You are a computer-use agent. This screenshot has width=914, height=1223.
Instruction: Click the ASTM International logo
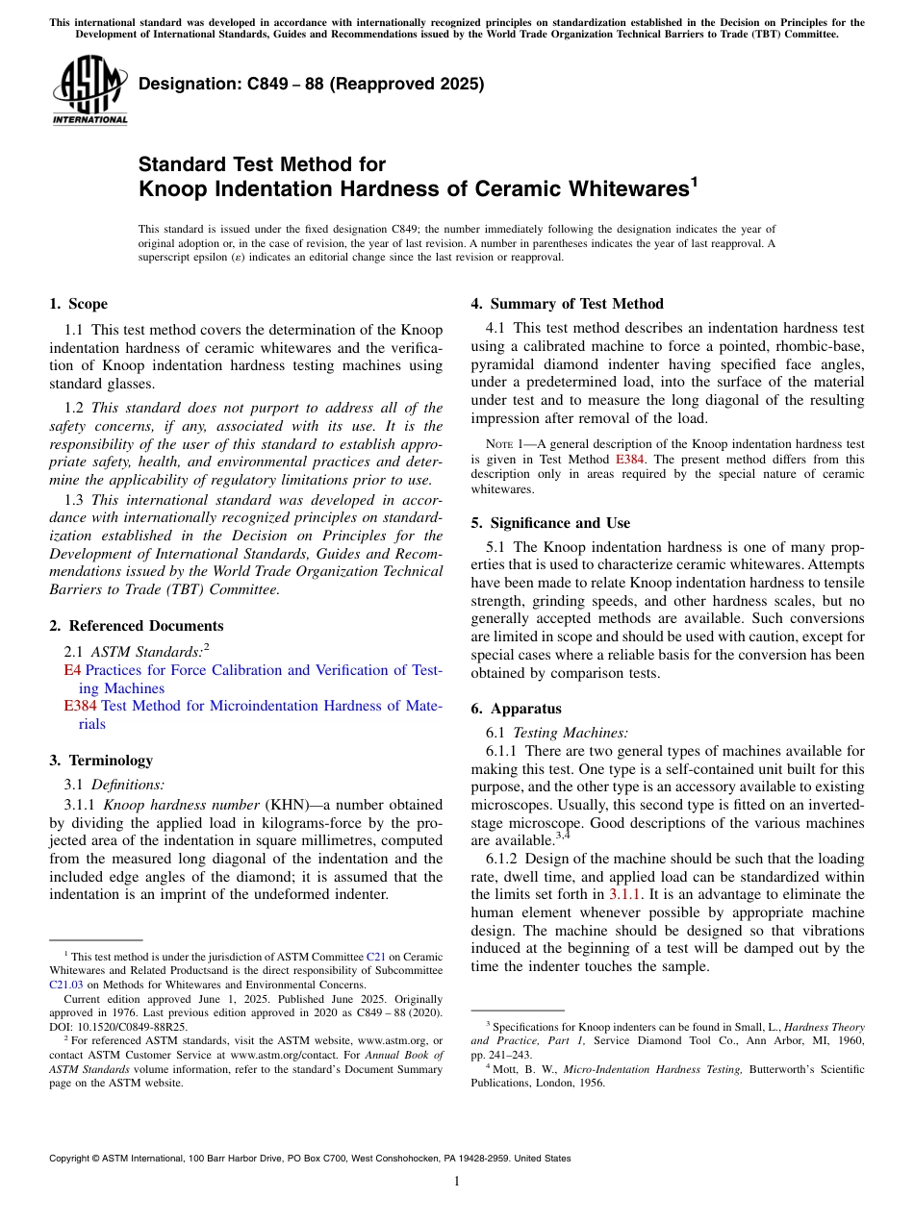(89, 90)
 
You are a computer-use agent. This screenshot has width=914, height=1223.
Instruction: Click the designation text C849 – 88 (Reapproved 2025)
(311, 84)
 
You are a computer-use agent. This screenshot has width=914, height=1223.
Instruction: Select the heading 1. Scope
(78, 305)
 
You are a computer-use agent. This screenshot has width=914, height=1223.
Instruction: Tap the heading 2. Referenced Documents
(136, 626)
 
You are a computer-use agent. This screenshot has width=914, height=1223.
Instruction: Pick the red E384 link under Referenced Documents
(80, 706)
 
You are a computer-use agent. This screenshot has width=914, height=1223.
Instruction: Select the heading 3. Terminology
(101, 761)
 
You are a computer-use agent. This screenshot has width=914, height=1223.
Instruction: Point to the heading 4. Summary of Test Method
(567, 305)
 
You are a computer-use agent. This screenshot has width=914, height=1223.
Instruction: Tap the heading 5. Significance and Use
(550, 523)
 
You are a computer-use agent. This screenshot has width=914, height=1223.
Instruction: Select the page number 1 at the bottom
(457, 1181)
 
